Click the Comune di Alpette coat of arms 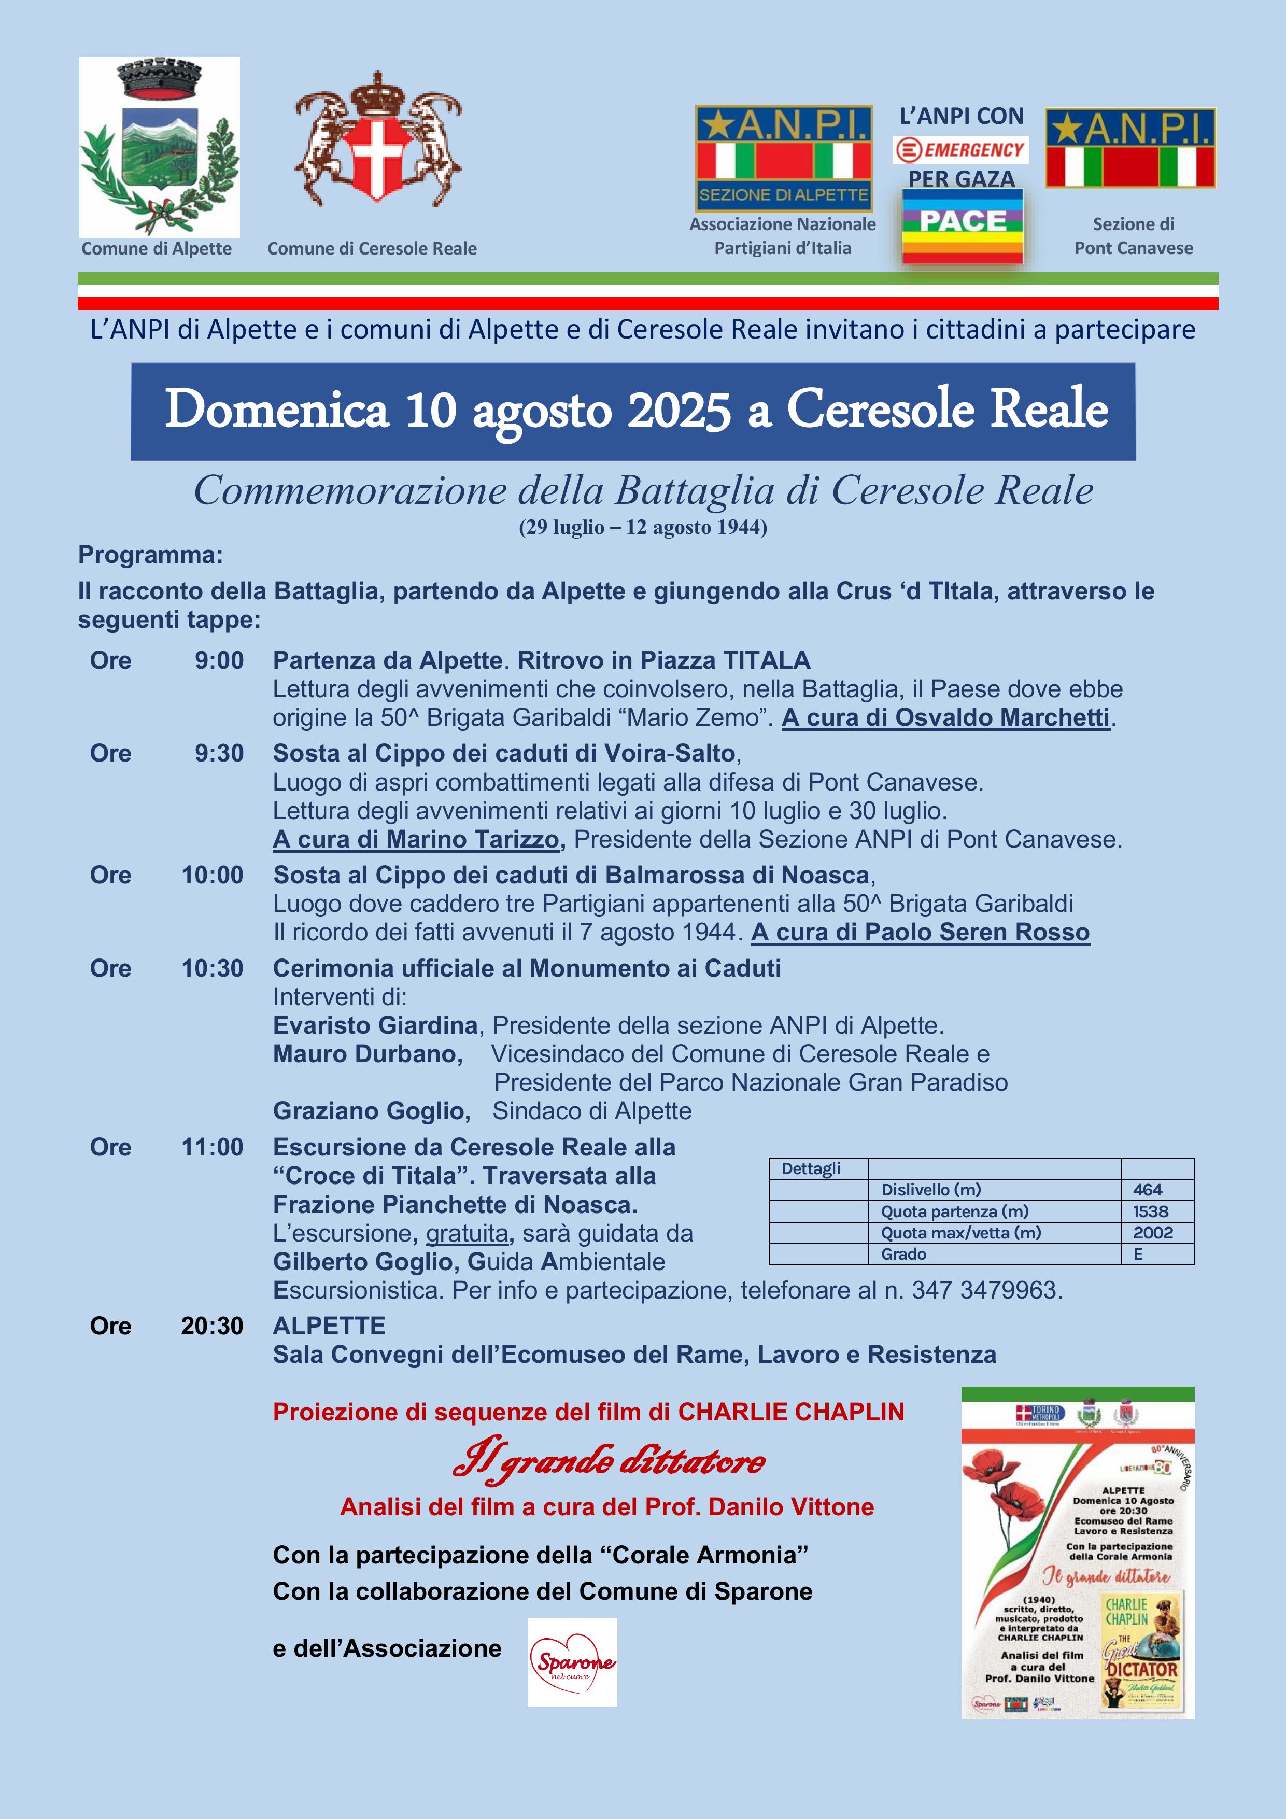point(159,147)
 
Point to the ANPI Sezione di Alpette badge point(784,159)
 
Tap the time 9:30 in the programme point(219,753)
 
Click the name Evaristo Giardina point(375,1025)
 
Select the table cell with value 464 point(1147,1189)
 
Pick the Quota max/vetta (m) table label point(961,1232)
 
